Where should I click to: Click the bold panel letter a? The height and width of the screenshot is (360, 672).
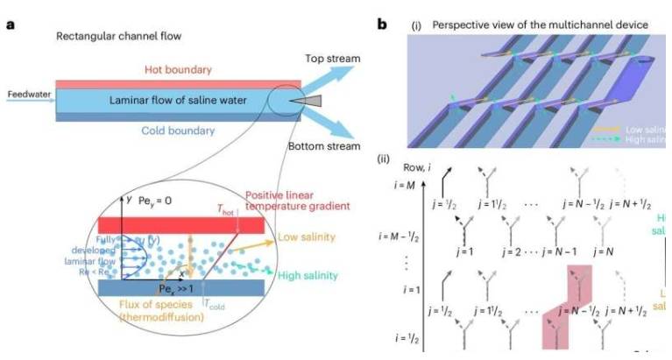coord(10,24)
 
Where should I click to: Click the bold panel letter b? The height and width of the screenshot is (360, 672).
coord(382,24)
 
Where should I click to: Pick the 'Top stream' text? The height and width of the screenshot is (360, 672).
coord(331,60)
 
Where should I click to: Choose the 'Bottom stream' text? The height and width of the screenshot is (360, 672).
coord(328,148)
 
